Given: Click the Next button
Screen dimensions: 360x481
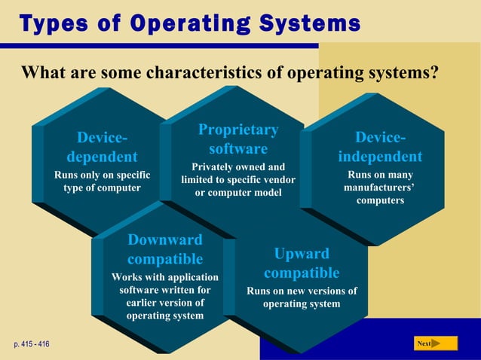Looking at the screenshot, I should point(436,343).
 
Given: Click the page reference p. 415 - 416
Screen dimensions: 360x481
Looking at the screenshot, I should point(32,344).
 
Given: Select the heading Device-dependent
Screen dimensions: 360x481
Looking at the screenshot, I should point(102,148).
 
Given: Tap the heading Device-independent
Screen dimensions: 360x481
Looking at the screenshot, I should point(380,148).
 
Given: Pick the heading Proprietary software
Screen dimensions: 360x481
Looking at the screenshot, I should point(238,139).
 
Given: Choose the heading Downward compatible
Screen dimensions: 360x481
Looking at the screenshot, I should point(165,249).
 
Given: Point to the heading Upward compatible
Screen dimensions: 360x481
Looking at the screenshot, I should point(302,263).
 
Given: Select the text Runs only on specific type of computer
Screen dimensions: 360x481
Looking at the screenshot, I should point(102,182).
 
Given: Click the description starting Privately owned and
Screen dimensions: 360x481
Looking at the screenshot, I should point(238,180).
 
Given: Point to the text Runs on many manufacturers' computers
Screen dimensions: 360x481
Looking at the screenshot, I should point(380,188).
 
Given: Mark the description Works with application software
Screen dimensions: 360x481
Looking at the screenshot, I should point(165,296).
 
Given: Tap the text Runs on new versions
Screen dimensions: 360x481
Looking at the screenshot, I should point(302,297).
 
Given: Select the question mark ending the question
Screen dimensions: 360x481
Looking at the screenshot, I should point(434,73).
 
